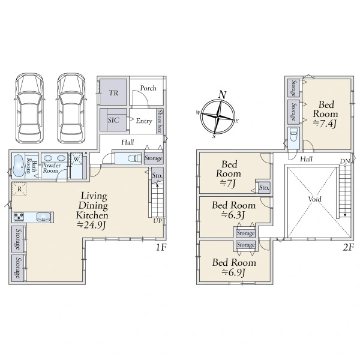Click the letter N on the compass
tap(223, 95)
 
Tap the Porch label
tap(148, 88)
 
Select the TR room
tap(113, 92)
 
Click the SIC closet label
tap(113, 120)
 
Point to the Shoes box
tap(160, 121)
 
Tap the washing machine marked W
tap(76, 159)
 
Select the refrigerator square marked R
tap(19, 189)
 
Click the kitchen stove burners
tap(19, 217)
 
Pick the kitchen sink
tap(43, 217)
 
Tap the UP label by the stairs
tap(157, 221)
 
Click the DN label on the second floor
tap(345, 161)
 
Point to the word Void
tap(314, 199)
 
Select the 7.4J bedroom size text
tap(325, 124)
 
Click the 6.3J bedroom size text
tap(233, 215)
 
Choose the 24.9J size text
tap(91, 225)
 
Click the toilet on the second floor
tap(293, 135)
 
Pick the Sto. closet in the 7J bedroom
tap(264, 188)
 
